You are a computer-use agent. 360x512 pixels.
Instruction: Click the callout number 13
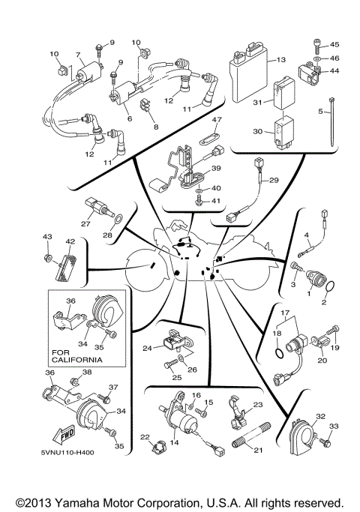point(282,59)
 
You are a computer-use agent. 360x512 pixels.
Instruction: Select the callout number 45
point(334,44)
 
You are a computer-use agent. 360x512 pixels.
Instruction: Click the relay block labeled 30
point(286,130)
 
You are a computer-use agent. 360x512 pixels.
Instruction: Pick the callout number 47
point(216,120)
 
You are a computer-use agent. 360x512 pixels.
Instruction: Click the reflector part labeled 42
point(65,266)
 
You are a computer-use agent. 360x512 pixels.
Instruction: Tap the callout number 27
point(85,223)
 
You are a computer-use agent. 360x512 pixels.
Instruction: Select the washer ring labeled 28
point(117,219)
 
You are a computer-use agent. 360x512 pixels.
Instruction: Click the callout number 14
point(175,443)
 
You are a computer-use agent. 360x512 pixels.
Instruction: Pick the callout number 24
point(148,347)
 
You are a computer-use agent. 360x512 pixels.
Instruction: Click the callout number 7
point(76,54)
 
